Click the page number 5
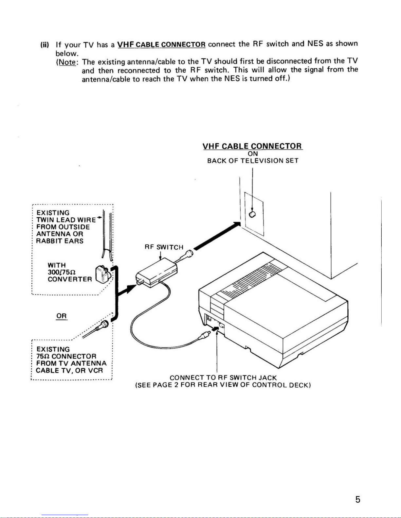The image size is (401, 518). [x=357, y=499]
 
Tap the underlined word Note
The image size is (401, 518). [x=66, y=62]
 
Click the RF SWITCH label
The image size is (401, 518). [x=164, y=247]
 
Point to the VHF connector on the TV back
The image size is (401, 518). [x=252, y=214]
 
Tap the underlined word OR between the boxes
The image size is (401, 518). [x=61, y=316]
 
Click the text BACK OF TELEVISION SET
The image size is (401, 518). [x=253, y=161]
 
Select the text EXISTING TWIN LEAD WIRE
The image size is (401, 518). [x=65, y=216]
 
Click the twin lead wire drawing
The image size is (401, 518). [x=106, y=235]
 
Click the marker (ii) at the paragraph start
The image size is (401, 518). [x=44, y=44]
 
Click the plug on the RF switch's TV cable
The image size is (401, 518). [x=189, y=254]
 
